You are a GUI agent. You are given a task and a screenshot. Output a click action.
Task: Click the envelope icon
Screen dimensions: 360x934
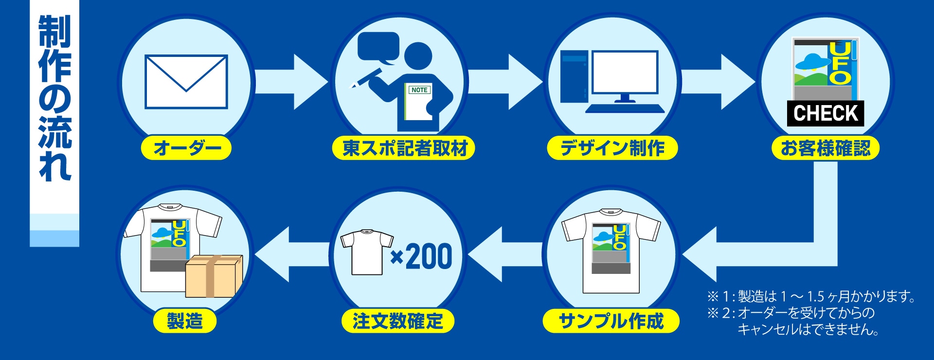pos(186,82)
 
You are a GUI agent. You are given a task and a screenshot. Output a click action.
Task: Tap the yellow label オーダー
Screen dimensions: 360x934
pos(186,148)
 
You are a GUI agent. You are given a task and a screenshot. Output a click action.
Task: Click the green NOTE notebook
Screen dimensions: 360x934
pos(418,102)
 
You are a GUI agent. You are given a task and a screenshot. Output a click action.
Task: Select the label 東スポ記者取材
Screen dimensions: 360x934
pos(404,148)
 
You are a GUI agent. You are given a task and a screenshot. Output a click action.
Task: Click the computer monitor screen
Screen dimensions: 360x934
pos(625,72)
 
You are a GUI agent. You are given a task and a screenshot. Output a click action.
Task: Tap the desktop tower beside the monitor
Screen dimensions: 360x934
pos(574,77)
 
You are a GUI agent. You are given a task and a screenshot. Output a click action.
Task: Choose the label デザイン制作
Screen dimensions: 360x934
pos(612,148)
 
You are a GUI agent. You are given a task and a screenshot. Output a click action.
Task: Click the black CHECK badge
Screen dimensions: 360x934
pos(826,113)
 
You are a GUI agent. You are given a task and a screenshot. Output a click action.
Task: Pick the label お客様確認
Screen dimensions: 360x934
pos(826,148)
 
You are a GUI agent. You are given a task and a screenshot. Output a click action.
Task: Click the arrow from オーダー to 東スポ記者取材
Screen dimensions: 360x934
pos(291,82)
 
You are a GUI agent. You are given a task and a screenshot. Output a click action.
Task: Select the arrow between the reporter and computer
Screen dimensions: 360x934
pos(505,82)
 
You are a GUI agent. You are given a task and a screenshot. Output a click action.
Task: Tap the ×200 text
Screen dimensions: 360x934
pos(422,256)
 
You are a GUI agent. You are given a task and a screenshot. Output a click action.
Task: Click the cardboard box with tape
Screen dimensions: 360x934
pos(214,276)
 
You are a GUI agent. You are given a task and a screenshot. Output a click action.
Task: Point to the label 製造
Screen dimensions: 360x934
pos(185,321)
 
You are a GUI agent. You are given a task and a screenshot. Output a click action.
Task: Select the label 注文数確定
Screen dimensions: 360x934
pos(398,321)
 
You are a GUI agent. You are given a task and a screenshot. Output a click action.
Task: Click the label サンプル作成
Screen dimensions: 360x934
pos(611,321)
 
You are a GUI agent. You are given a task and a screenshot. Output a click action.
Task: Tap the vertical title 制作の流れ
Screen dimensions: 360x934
pos(55,97)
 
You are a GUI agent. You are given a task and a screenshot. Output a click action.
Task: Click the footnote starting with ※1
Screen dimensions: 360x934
pos(811,296)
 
